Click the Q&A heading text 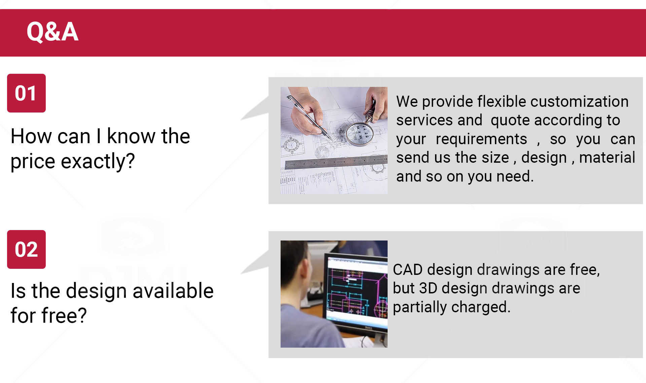coord(52,32)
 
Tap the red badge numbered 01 coord(26,93)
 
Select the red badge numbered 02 coord(26,249)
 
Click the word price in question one coord(33,162)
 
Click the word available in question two coord(173,291)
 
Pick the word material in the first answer coord(607,157)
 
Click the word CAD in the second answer coord(408,270)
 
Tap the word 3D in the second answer coord(428,288)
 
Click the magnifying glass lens coord(360,134)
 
